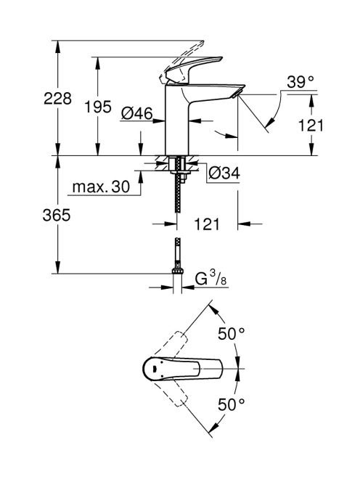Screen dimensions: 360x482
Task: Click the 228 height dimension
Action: [x=57, y=99]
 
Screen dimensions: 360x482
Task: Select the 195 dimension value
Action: [x=98, y=107]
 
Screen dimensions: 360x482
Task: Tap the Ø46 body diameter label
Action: [x=136, y=114]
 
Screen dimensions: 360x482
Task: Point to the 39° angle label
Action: [x=300, y=82]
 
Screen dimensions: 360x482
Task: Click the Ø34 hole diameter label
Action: [x=224, y=173]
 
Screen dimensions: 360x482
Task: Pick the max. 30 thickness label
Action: [x=101, y=187]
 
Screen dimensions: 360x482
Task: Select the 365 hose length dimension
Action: [x=57, y=215]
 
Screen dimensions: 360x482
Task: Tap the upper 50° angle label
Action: [x=232, y=334]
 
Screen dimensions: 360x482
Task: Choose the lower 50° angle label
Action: [x=232, y=404]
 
